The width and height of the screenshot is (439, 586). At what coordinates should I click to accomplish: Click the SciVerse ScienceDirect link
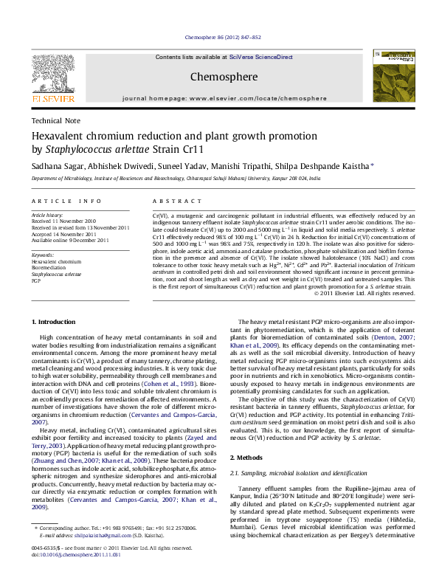click(x=260, y=57)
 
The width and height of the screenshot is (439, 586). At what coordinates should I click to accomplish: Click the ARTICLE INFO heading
click(x=66, y=201)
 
